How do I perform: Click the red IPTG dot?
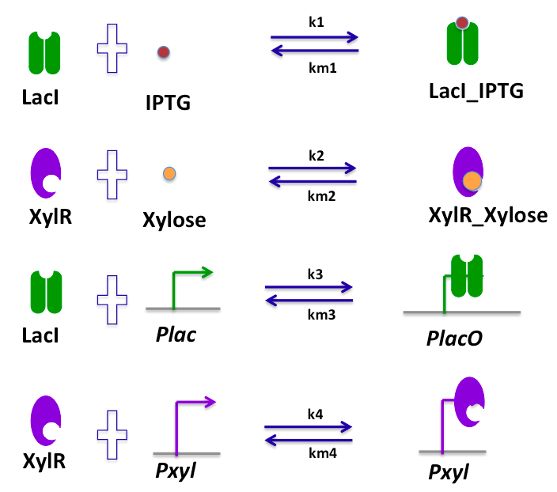coord(163,52)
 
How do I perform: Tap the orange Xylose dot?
coord(169,173)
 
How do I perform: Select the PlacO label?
coord(453,339)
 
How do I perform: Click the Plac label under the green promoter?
coord(176,334)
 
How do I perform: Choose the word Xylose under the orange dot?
coord(174,219)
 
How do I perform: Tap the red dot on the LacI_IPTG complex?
coord(463,25)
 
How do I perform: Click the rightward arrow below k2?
coord(312,167)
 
